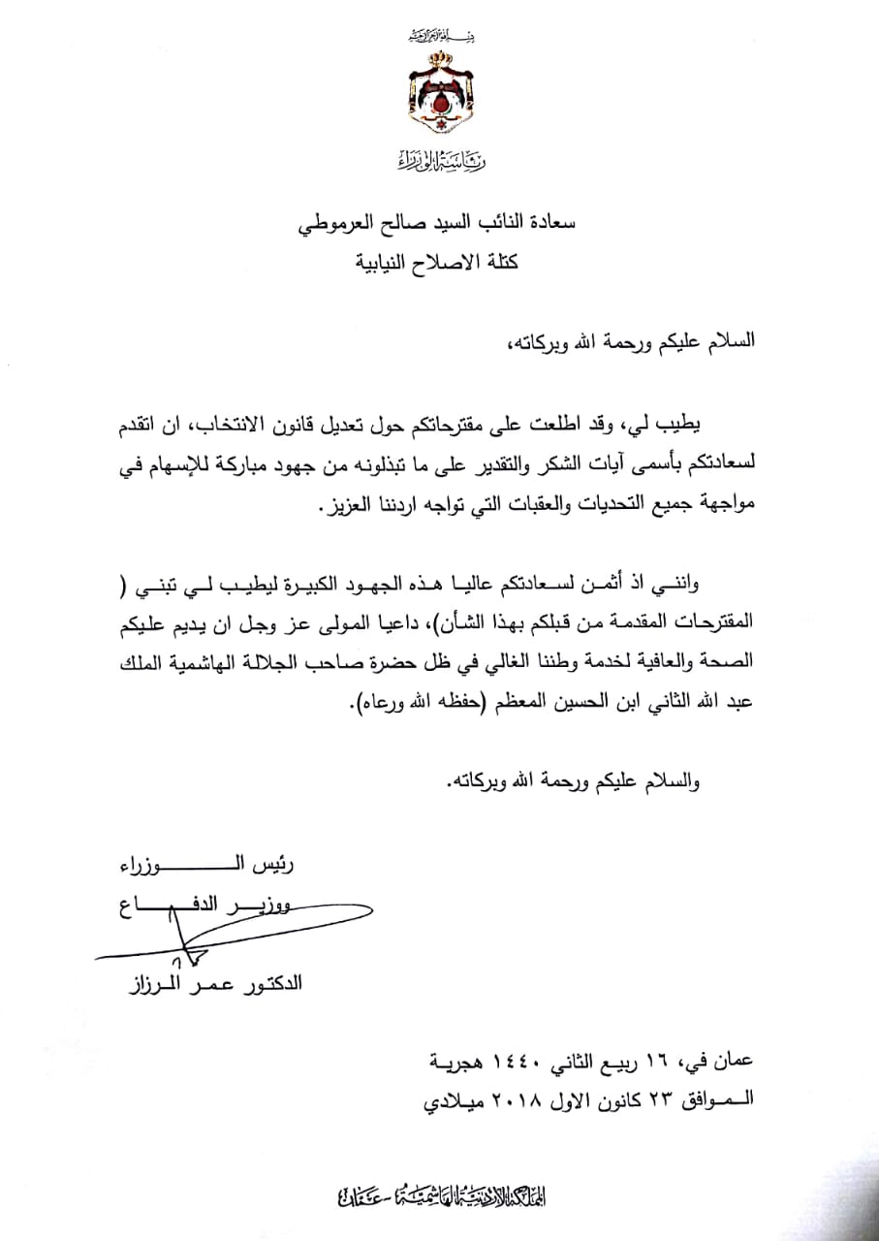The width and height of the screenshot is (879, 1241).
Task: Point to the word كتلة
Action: pyautogui.click(x=492, y=263)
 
